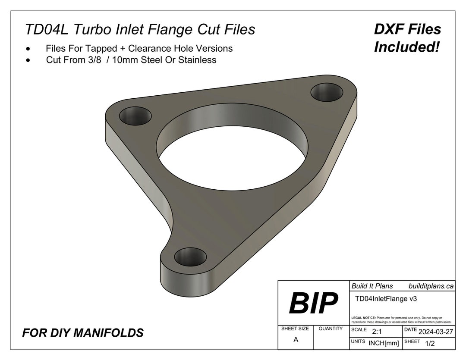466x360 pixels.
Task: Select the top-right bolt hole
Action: click(x=327, y=92)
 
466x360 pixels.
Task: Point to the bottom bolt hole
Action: click(x=190, y=257)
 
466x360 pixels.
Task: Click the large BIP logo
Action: click(x=313, y=303)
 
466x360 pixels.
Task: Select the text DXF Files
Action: click(x=407, y=29)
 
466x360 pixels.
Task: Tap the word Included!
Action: click(x=406, y=47)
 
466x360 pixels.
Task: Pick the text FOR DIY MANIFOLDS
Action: click(x=83, y=333)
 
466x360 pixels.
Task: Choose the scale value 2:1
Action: click(x=377, y=331)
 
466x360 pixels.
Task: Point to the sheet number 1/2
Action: click(x=430, y=343)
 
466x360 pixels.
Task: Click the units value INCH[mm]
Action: click(x=384, y=343)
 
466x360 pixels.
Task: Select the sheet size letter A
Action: click(x=296, y=339)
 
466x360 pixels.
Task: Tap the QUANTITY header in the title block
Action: click(x=331, y=329)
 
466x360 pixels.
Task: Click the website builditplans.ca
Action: click(x=431, y=286)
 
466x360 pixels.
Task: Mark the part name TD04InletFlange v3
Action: click(x=381, y=298)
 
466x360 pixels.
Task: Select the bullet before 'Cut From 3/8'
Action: click(x=28, y=60)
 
